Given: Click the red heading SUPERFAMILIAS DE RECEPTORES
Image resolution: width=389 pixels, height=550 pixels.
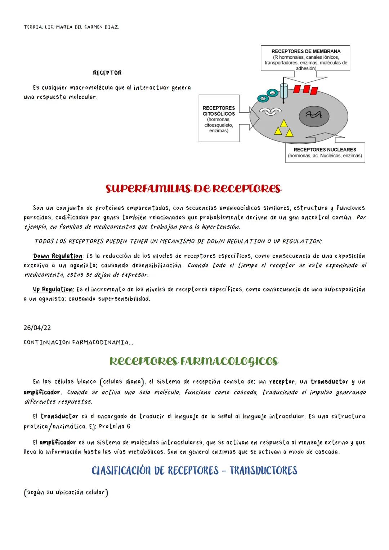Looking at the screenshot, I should [x=193, y=189].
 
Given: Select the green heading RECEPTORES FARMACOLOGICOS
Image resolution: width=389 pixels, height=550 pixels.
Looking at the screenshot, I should [x=194, y=361].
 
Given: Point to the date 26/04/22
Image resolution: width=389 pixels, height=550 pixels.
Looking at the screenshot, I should [x=37, y=328].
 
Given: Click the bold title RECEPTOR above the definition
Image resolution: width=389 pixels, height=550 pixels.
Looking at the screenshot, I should [x=107, y=73].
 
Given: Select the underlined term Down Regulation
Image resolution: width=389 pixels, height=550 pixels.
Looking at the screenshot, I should [x=58, y=256].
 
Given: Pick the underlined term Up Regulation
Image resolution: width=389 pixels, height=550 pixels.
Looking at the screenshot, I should [x=53, y=290].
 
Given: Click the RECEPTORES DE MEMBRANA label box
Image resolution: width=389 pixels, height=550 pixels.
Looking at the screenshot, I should [x=306, y=58].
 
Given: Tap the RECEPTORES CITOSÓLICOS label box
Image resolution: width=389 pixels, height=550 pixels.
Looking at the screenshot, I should [x=219, y=119].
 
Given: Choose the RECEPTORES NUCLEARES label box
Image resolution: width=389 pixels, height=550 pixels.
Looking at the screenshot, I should [x=325, y=153].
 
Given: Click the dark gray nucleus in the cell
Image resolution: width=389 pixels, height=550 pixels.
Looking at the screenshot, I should [x=314, y=115].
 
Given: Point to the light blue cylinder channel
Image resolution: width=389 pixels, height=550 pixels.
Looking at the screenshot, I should [x=284, y=91].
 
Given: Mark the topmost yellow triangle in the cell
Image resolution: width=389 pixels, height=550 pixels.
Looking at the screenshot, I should [x=284, y=124].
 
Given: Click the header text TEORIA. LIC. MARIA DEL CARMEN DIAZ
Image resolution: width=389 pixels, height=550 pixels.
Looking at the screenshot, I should [x=71, y=27].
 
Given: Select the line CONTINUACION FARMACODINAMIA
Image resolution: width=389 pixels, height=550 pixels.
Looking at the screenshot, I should [x=78, y=343].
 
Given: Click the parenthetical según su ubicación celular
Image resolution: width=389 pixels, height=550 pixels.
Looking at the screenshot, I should [x=66, y=492].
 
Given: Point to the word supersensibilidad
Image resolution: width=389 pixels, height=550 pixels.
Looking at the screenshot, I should [x=124, y=299].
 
